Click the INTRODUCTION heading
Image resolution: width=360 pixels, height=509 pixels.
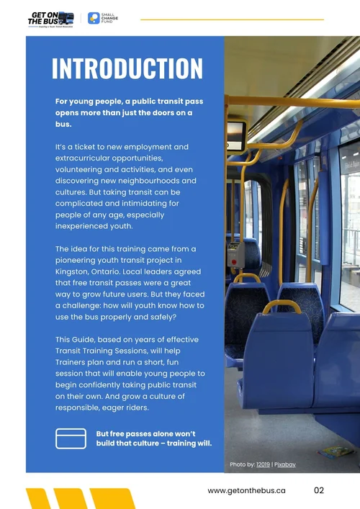coord(127,68)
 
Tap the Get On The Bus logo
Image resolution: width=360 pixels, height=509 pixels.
coord(50,18)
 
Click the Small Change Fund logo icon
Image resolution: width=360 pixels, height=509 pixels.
coord(94,18)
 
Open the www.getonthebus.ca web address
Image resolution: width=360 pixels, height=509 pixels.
coord(246,490)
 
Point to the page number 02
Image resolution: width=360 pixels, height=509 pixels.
coord(320,490)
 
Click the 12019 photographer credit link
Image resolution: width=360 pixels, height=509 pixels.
coord(263,464)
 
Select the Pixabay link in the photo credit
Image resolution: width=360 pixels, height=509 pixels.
coord(284,464)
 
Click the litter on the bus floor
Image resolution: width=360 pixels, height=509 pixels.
coord(336,452)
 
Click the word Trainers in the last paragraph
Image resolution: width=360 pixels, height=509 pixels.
coord(73,361)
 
